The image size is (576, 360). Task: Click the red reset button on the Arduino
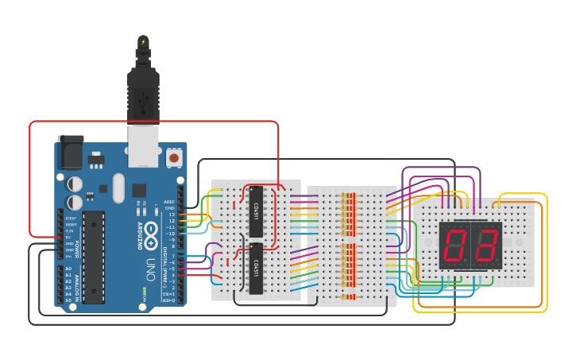coord(173,158)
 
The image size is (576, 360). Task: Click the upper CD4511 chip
coord(256,211)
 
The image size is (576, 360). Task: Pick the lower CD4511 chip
coord(256,269)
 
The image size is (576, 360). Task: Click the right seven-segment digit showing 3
coord(485,245)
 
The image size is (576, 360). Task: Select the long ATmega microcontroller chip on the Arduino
coord(93,257)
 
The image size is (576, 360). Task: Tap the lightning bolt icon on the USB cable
coord(143,41)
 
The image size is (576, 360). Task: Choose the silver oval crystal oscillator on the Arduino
coord(119,188)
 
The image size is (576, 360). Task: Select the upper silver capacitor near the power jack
coord(75,183)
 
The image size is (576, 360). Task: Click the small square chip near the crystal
coord(140,190)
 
